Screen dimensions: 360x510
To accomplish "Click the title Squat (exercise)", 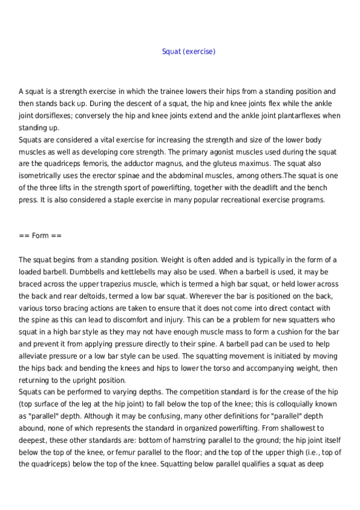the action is (x=188, y=52).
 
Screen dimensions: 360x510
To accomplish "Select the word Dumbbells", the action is (x=73, y=272).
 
